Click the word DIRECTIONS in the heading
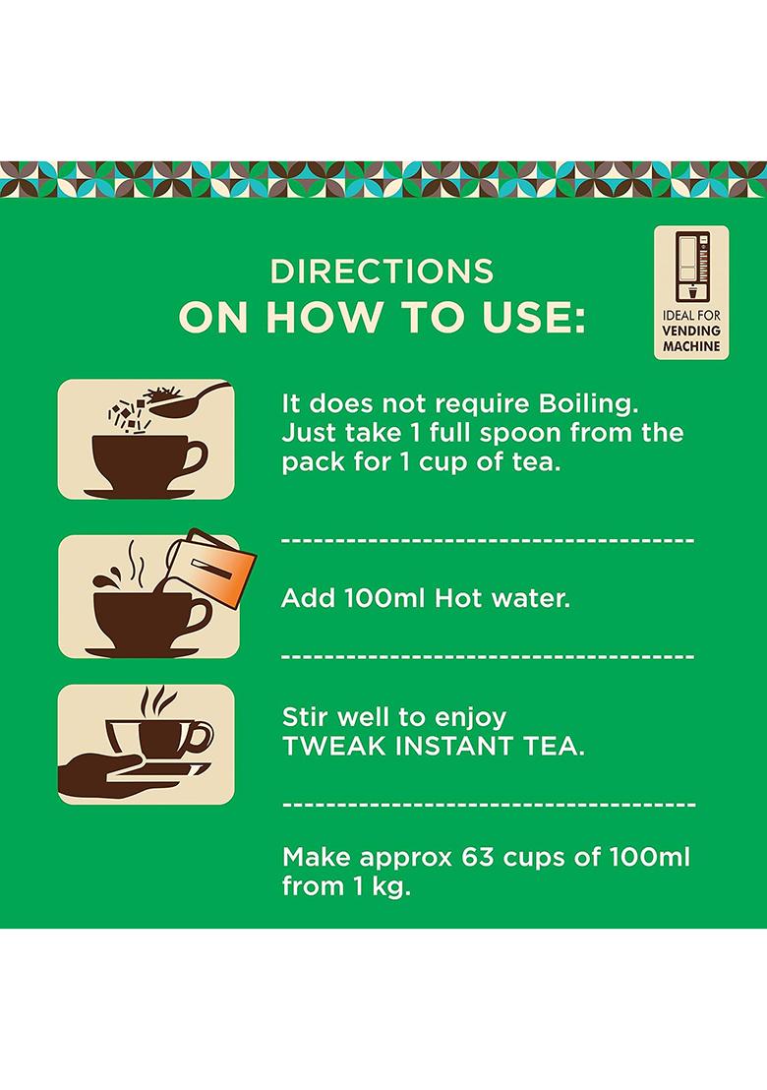point(382,272)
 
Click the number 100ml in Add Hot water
point(379,598)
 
